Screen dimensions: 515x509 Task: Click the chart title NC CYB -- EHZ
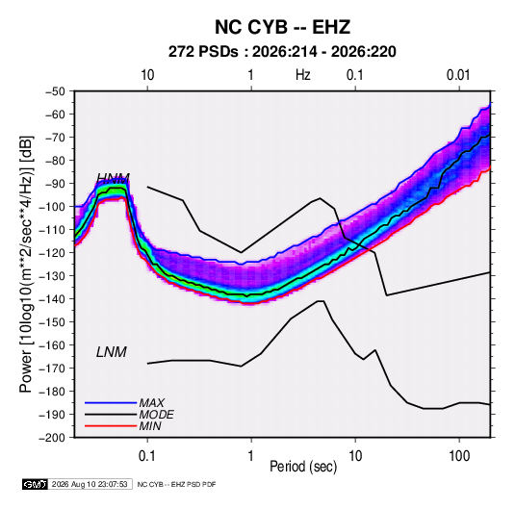click(282, 27)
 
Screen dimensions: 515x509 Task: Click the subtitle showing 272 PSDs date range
click(282, 52)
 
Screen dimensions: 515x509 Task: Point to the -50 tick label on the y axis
click(55, 91)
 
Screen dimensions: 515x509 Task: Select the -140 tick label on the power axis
click(52, 299)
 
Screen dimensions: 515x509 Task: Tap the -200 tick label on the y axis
click(52, 438)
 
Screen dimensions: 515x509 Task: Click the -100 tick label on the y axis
click(52, 207)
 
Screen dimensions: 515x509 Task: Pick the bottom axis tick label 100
click(459, 455)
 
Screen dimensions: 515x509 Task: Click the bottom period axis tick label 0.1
click(147, 455)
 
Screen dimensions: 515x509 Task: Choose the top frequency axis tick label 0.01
click(458, 75)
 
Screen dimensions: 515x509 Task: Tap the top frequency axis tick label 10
click(147, 75)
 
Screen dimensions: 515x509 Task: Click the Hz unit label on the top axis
click(303, 75)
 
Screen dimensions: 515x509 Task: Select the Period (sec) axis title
click(303, 467)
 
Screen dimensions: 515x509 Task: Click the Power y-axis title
click(26, 264)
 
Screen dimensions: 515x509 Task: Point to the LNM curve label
click(112, 352)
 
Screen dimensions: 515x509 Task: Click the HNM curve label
click(114, 178)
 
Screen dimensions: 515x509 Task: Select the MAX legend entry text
click(151, 403)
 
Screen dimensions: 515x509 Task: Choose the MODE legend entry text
click(156, 415)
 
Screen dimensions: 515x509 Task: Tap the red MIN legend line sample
click(111, 426)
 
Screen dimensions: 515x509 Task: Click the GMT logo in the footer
click(36, 484)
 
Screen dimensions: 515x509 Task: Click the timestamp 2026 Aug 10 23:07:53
click(90, 484)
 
